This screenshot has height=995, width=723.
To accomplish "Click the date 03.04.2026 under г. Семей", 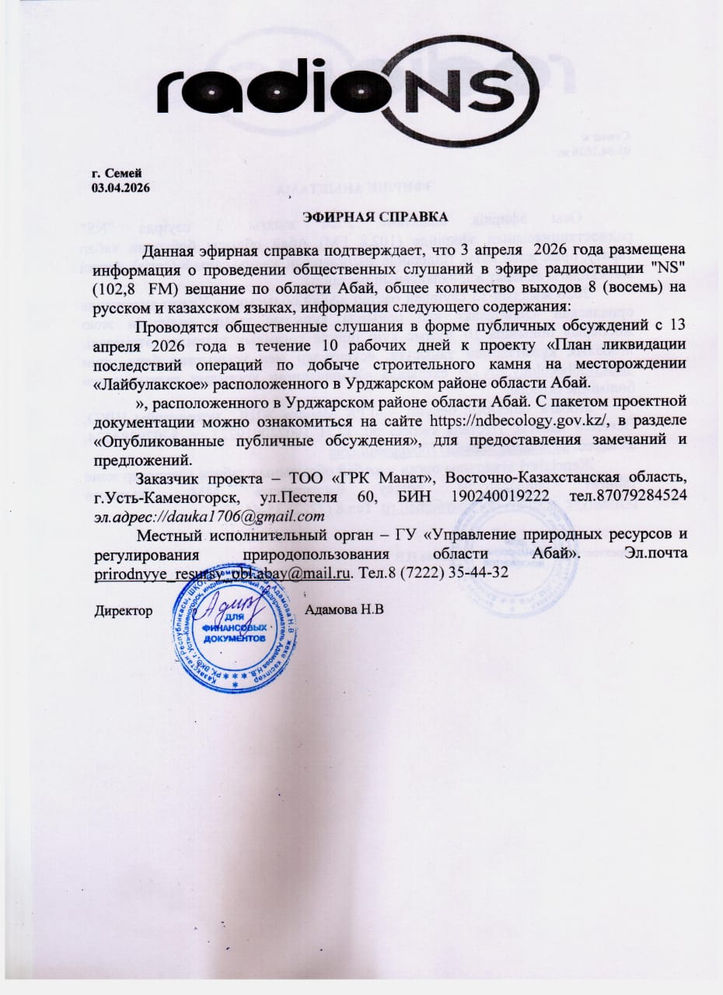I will [121, 187].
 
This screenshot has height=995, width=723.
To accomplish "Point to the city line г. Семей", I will [116, 174].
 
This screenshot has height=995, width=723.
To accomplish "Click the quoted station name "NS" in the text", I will [671, 267].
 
